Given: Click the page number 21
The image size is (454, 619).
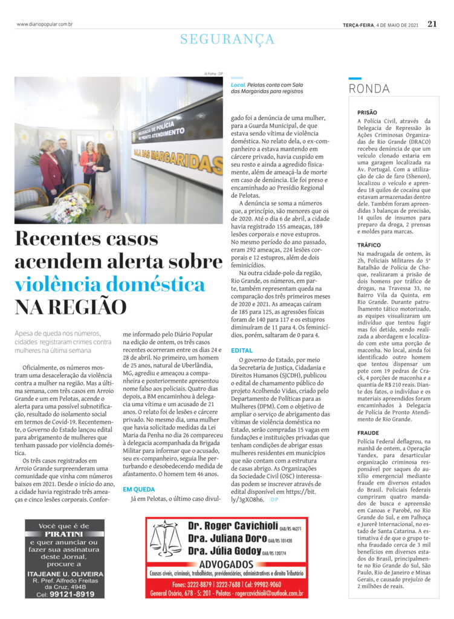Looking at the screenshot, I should pyautogui.click(x=432, y=24).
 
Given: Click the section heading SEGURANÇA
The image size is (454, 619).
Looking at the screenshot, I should pyautogui.click(x=227, y=39).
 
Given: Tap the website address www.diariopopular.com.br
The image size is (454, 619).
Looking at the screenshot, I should pyautogui.click(x=45, y=24).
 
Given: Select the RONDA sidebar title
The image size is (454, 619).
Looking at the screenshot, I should pyautogui.click(x=369, y=89).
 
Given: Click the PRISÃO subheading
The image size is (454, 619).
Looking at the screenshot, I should pyautogui.click(x=367, y=112).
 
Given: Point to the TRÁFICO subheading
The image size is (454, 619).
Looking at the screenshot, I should pyautogui.click(x=369, y=245).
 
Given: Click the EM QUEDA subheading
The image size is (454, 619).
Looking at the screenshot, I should pyautogui.click(x=140, y=489).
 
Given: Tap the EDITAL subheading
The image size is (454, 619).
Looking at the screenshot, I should pyautogui.click(x=242, y=350).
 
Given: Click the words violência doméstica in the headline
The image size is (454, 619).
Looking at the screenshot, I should pyautogui.click(x=110, y=284).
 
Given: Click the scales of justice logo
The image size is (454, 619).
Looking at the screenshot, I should pyautogui.click(x=165, y=538).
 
